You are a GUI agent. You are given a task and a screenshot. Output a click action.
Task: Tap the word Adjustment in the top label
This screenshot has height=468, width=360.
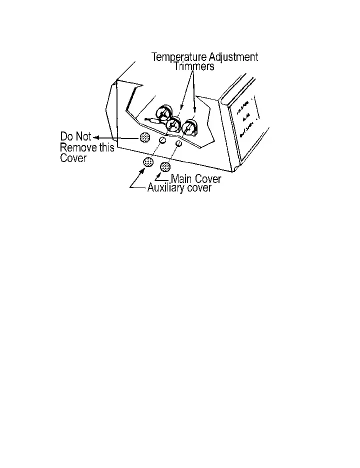[x=234, y=57]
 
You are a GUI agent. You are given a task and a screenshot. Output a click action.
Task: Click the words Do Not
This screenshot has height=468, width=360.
[x=75, y=136]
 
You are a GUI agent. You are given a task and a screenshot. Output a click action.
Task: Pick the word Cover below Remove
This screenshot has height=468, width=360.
[x=73, y=159]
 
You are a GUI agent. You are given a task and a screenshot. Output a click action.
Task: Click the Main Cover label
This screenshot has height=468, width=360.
[x=196, y=178]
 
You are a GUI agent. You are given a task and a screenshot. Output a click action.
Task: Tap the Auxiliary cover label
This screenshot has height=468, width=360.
[x=179, y=188]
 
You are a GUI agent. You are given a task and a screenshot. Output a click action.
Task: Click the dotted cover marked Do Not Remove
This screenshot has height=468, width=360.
[x=145, y=137]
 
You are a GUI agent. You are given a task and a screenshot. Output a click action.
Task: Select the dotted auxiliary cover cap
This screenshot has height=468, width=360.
[x=148, y=161]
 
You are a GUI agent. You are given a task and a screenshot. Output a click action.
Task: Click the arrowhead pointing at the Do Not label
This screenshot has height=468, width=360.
[x=96, y=136]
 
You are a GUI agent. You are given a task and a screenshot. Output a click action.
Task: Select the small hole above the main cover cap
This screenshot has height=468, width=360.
[x=178, y=144]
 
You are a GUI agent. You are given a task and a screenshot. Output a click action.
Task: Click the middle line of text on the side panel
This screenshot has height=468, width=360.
[x=245, y=120]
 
